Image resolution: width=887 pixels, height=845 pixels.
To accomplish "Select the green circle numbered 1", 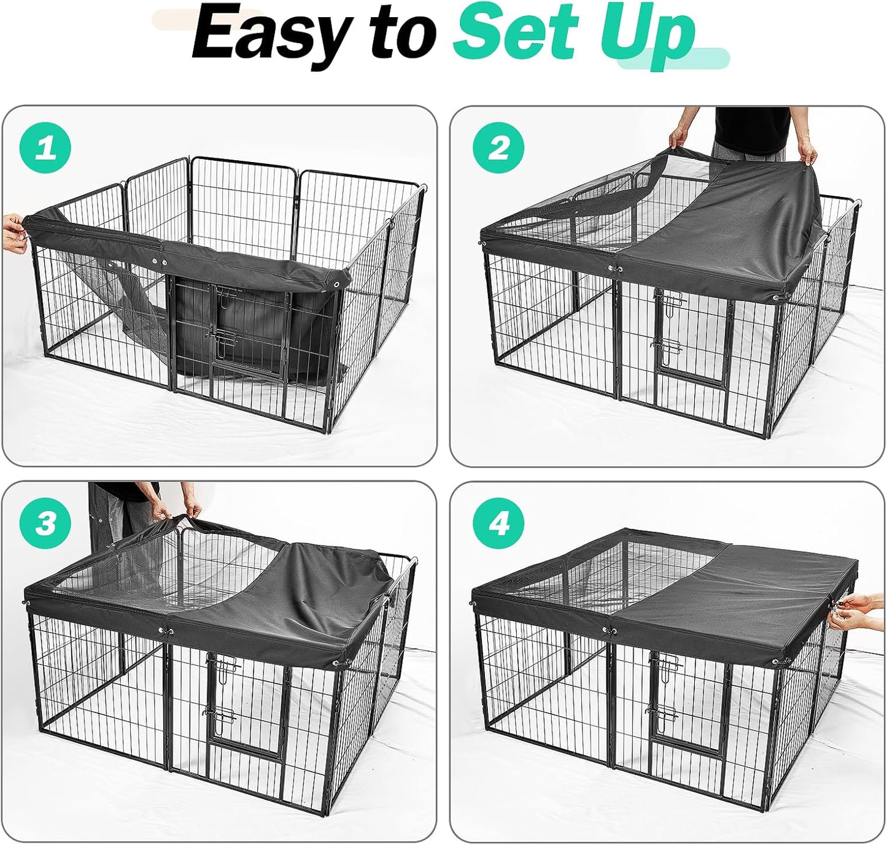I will [x=45, y=149].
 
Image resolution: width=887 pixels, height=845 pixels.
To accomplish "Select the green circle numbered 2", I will [x=498, y=149].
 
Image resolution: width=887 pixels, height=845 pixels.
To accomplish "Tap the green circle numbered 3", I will [x=45, y=523].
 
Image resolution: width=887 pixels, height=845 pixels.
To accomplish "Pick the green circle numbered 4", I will [x=498, y=523].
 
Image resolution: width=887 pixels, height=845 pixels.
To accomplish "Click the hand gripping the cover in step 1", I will [x=15, y=233].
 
